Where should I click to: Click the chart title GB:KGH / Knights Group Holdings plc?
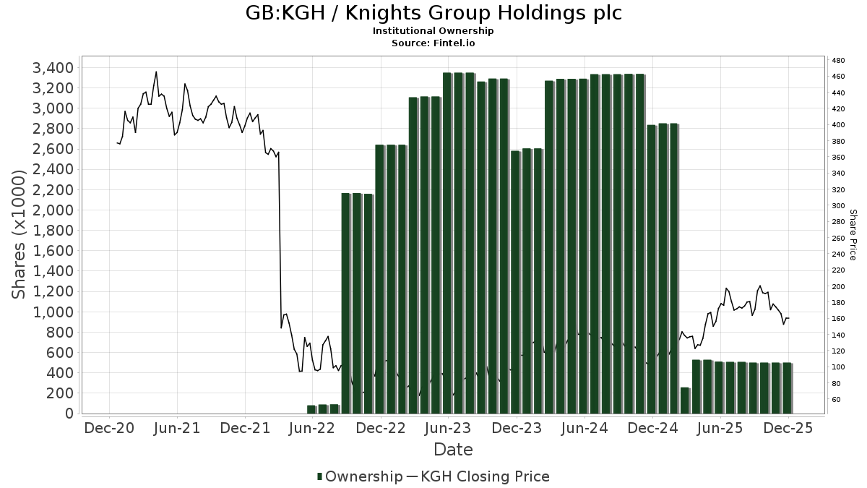pos(433,13)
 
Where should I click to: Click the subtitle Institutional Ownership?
pos(433,31)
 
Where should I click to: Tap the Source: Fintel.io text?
pos(433,43)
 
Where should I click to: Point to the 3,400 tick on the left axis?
pos(53,68)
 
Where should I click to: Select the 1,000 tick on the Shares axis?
pos(53,312)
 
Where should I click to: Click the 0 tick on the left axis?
pos(69,414)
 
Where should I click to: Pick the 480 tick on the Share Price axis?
pos(838,60)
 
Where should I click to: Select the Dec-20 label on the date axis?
pos(109,428)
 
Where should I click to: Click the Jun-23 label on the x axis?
pos(449,428)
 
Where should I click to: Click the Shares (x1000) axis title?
pos(20,235)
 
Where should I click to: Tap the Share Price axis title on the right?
pos(853,235)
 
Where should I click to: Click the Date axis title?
pos(453,450)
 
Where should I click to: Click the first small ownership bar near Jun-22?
pos(311,409)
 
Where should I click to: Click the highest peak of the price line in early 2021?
pos(156,72)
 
